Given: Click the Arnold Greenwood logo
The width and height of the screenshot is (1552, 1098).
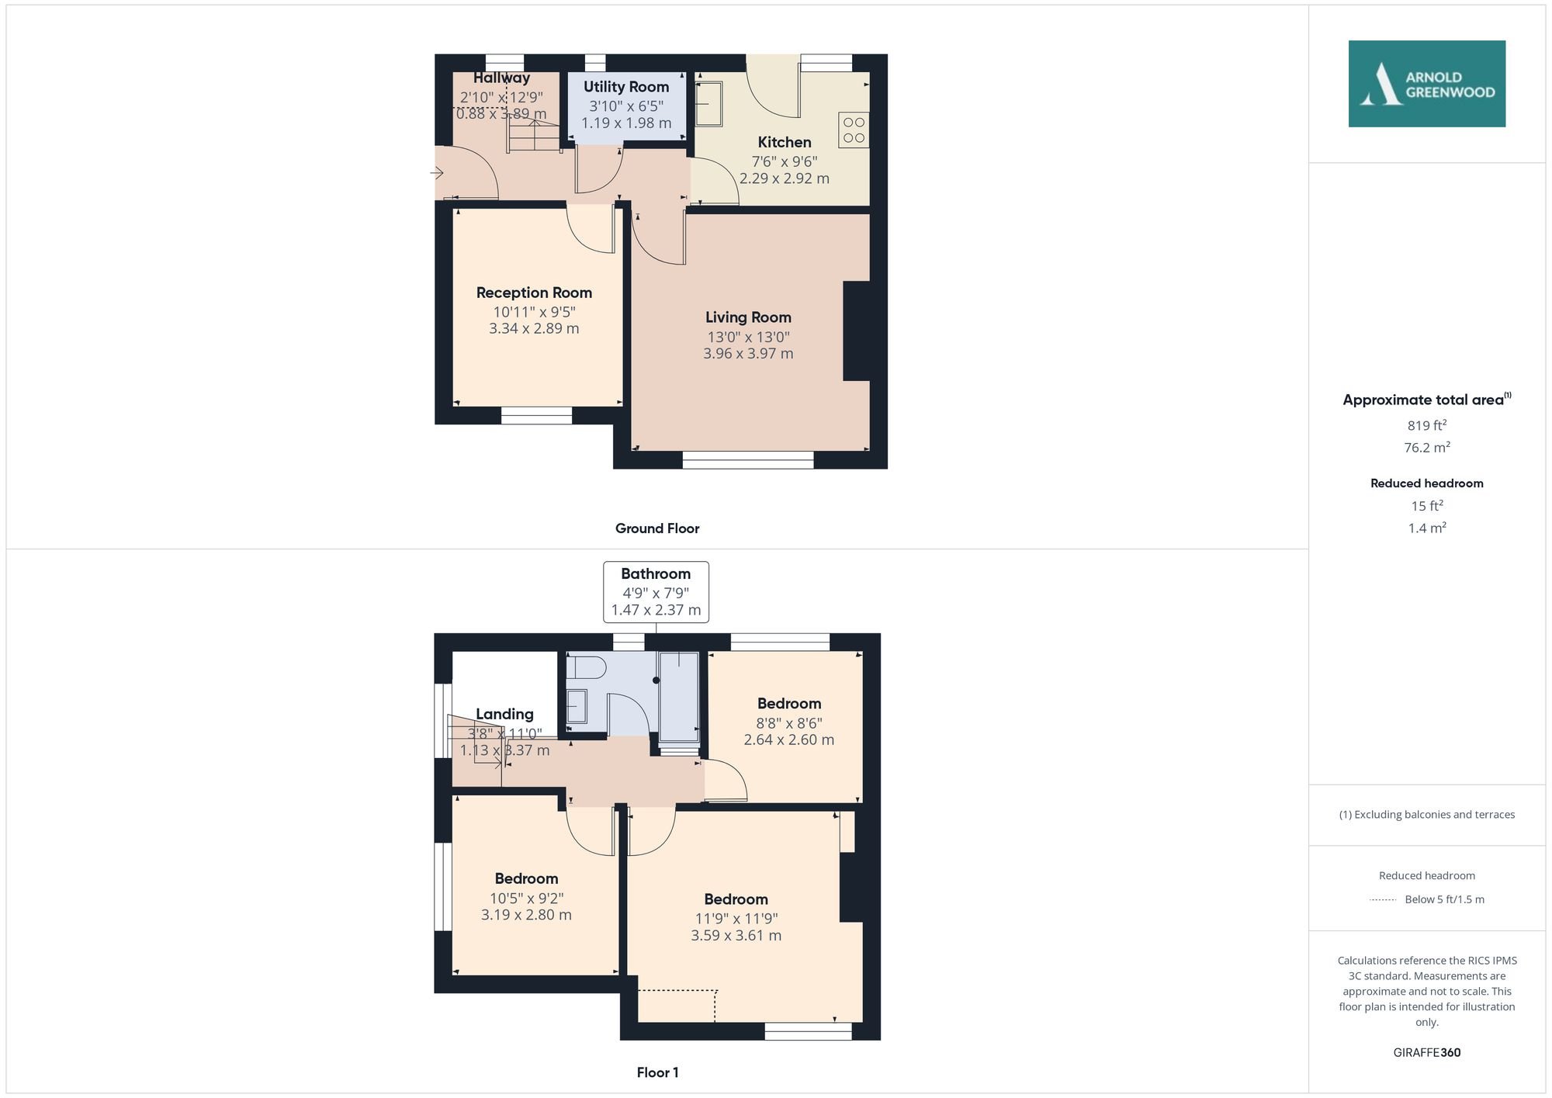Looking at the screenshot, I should click(1426, 84).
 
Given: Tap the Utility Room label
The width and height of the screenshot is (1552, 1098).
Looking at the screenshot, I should click(625, 87).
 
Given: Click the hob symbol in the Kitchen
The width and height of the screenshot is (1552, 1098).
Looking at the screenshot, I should click(854, 130).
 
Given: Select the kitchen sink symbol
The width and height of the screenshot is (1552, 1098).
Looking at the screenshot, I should click(708, 103).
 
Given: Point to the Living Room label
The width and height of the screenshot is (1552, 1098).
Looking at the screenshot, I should click(748, 317).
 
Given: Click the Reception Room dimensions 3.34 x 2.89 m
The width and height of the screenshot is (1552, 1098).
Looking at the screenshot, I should click(534, 328).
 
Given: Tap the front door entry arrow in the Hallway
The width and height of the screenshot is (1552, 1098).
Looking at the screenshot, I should click(438, 173).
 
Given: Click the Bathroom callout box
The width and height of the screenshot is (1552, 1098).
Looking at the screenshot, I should click(656, 591).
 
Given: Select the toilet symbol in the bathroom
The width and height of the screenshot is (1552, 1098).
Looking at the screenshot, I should click(587, 667).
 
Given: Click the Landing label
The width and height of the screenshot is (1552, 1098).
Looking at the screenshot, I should click(504, 714).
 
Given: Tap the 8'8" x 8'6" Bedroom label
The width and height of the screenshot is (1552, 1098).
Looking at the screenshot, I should click(789, 704).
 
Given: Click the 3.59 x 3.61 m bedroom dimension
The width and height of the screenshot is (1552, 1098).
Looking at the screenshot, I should click(736, 936).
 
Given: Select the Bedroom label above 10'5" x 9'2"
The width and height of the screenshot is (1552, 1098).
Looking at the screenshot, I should click(526, 878).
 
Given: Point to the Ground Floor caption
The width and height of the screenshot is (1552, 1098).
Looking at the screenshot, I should click(657, 528).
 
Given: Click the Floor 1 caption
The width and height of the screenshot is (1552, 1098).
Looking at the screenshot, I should click(657, 1072).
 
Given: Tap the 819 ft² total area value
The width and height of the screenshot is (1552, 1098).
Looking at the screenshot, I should click(1426, 425).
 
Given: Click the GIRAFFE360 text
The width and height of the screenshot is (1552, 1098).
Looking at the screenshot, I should click(1426, 1052).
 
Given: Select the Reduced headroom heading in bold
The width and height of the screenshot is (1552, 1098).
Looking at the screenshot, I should click(1426, 483).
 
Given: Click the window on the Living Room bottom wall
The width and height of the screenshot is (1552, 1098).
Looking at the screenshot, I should click(748, 460).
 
